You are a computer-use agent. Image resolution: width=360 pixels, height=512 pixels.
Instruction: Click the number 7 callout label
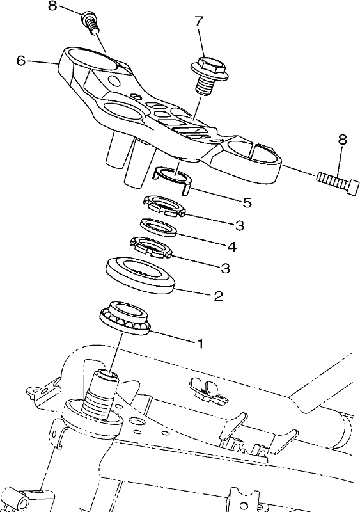coord(199,21)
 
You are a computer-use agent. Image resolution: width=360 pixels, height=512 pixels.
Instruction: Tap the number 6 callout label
coord(21,60)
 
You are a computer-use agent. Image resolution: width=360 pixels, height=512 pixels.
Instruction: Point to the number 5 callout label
coord(247,203)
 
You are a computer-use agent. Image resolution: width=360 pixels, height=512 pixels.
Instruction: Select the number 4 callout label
coord(231,246)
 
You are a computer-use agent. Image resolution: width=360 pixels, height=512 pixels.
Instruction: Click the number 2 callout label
coord(218,296)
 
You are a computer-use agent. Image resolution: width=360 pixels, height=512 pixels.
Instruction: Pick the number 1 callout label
coord(200,343)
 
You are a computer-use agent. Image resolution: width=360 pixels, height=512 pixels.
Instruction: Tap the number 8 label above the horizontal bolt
coord(342,140)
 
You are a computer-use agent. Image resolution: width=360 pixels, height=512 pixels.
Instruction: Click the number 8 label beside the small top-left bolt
coord(53,6)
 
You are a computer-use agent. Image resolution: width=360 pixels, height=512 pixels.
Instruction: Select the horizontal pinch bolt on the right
coord(336,180)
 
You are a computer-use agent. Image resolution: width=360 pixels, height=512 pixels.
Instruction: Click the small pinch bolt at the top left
coord(89,21)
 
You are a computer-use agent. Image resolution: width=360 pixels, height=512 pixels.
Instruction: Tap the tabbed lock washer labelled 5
coord(172,180)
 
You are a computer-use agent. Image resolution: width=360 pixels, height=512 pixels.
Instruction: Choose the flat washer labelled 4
coord(159,228)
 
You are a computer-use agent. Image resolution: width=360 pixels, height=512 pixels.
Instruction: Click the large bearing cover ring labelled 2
coord(140,275)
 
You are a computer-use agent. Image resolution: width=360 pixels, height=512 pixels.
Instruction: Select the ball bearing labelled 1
coord(124,318)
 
